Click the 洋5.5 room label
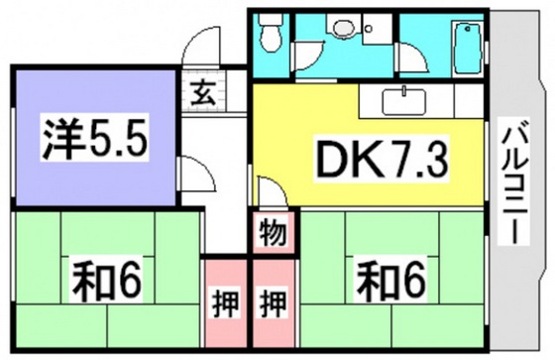pos(93,140)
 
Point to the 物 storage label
pos(273,235)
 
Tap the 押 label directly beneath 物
pos(273,301)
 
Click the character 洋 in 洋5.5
pos(58,140)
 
